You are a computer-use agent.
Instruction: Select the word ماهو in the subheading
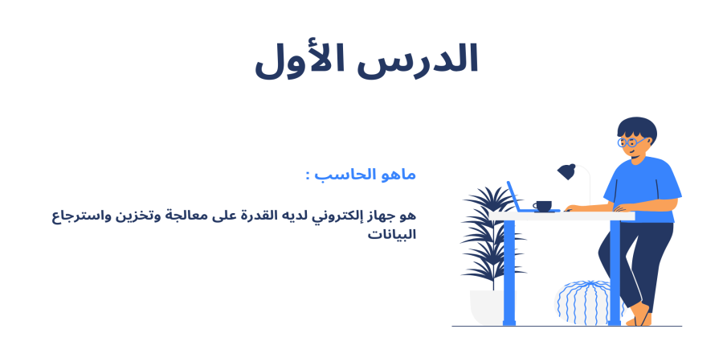398,175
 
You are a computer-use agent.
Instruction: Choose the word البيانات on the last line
392,236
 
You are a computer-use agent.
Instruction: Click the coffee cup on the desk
543,206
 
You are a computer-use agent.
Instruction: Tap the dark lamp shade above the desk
567,171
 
